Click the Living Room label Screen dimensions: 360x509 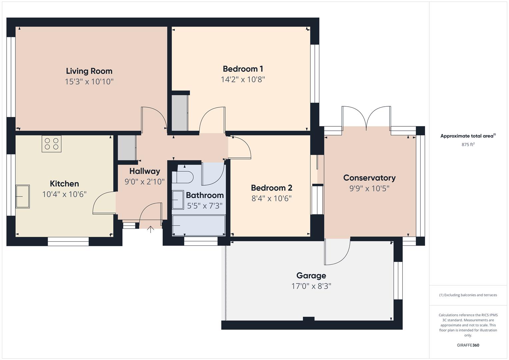pyautogui.click(x=89, y=71)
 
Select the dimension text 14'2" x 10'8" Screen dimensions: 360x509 pyautogui.click(x=243, y=79)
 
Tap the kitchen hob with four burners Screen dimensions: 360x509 pyautogui.click(x=51, y=144)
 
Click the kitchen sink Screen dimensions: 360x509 pyautogui.click(x=23, y=196)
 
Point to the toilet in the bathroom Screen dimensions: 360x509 pyautogui.click(x=183, y=177)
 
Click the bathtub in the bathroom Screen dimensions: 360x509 pyautogui.click(x=199, y=225)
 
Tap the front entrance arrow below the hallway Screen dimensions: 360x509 pyautogui.click(x=151, y=229)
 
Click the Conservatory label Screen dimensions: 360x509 pyautogui.click(x=369, y=178)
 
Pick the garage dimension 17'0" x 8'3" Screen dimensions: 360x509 pyautogui.click(x=311, y=286)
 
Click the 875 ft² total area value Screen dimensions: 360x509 pyautogui.click(x=468, y=145)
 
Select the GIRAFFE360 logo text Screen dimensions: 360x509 pyautogui.click(x=468, y=345)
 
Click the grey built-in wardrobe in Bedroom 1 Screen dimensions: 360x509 pyautogui.click(x=179, y=113)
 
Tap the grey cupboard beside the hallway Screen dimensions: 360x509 pyautogui.click(x=127, y=148)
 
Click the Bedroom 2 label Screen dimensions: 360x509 pyautogui.click(x=271, y=188)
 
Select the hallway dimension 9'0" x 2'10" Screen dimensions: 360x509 pyautogui.click(x=145, y=182)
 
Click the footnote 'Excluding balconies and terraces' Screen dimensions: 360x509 pyautogui.click(x=468, y=295)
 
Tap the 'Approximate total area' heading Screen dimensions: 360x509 pyautogui.click(x=468, y=136)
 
